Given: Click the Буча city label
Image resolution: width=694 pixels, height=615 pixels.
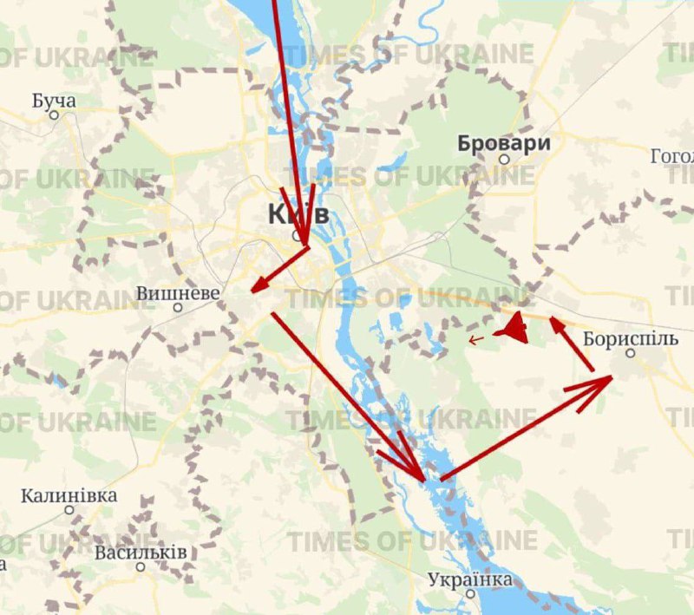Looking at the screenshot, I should click(x=54, y=101).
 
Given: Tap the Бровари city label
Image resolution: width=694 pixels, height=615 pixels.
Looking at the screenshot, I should click(x=504, y=143).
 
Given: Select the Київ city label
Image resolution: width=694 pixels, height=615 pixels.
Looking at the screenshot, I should click(x=298, y=213).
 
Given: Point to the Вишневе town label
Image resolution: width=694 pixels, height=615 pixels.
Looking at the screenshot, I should click(x=178, y=293).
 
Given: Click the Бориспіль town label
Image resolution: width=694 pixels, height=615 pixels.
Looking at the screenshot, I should click(x=631, y=338).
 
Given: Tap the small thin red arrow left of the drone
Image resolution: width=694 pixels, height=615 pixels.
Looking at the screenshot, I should click(x=477, y=339).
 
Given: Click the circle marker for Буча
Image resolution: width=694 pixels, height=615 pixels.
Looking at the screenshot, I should click(x=54, y=114).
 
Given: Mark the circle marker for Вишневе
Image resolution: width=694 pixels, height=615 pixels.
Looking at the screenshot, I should click(x=178, y=307).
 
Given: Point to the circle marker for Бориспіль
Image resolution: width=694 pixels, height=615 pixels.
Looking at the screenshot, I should click(x=631, y=353).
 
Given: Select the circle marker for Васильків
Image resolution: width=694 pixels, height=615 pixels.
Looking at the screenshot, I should click(x=141, y=566).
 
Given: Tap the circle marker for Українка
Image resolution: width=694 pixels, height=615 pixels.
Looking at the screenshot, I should click(x=470, y=593).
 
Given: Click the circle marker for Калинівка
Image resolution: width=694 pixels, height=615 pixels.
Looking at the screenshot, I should click(x=69, y=510).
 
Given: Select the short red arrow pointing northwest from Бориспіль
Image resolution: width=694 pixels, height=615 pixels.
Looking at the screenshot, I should click(x=573, y=344).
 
